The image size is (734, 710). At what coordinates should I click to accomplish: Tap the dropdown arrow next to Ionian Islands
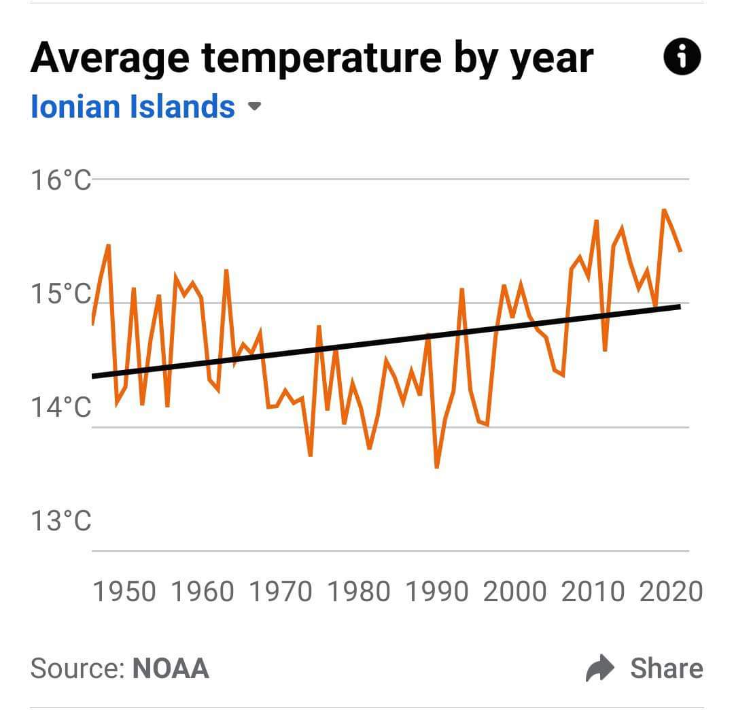[x=254, y=107]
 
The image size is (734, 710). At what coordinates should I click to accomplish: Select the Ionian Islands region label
[x=133, y=107]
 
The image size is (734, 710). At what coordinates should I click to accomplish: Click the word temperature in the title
[x=321, y=58]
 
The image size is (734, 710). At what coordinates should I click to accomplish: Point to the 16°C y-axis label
[x=60, y=181]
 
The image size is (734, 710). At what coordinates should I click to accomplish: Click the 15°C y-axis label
[x=60, y=294]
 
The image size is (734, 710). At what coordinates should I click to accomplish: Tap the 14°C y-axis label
[x=60, y=408]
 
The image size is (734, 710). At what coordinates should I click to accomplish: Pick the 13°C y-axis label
[x=60, y=522]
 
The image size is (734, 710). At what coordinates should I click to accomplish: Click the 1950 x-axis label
[x=124, y=592]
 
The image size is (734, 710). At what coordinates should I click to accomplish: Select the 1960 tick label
[x=202, y=592]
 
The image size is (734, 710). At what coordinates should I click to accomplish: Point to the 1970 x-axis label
[x=280, y=592]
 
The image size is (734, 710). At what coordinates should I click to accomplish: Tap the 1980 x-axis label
[x=358, y=592]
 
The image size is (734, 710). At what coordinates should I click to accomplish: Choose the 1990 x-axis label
[x=436, y=592]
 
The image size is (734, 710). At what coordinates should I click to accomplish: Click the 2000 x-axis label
[x=514, y=592]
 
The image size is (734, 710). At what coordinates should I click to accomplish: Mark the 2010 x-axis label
[x=593, y=592]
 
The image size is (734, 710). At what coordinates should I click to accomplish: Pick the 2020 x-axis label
[x=671, y=592]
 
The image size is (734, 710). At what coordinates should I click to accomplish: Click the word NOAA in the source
[x=171, y=669]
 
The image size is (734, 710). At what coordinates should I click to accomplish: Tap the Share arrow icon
[x=599, y=669]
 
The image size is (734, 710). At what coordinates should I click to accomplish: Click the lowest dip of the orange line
[x=436, y=467]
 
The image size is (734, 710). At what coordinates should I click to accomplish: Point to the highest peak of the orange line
[x=663, y=209]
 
